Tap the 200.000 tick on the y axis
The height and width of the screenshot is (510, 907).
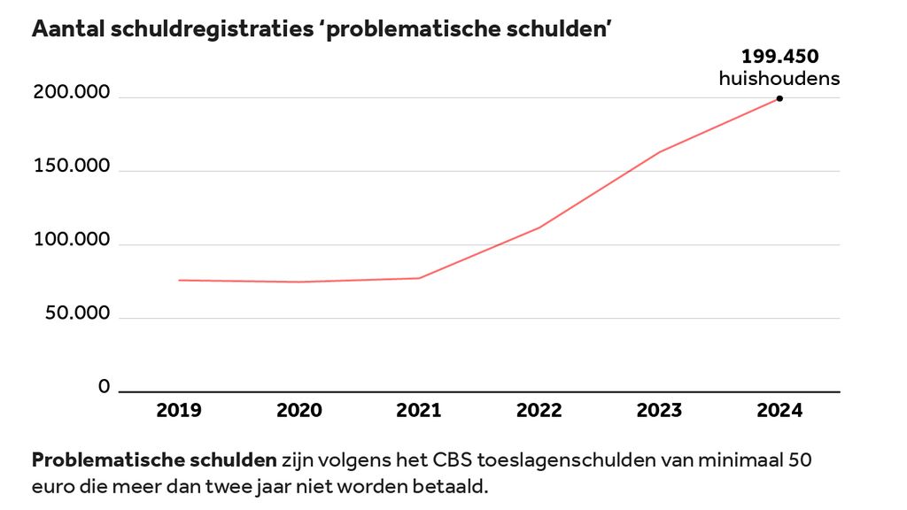point(72,94)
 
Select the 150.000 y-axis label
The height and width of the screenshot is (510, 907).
point(72,167)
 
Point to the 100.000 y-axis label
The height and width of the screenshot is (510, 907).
point(72,241)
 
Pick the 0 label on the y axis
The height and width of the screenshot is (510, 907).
point(104,387)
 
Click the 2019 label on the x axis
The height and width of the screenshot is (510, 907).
point(179,410)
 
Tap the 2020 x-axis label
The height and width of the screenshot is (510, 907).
point(299,410)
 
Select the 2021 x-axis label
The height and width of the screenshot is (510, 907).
point(419,410)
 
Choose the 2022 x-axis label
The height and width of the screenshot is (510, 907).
point(539,410)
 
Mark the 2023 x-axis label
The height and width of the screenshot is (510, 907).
point(660,410)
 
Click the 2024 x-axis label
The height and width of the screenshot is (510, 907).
point(779,410)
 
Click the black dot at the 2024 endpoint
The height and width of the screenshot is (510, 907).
point(779,98)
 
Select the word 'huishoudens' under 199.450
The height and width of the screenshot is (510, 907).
point(779,79)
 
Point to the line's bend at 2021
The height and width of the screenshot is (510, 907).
point(419,278)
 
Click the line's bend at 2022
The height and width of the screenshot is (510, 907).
point(539,228)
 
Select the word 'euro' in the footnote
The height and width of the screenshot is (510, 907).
point(50,487)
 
